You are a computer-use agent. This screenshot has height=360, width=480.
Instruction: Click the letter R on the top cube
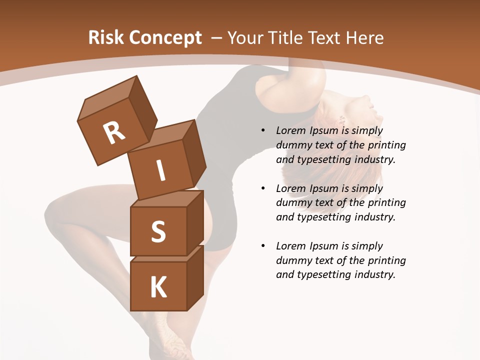(114, 133)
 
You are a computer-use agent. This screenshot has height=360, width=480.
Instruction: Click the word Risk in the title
(106, 38)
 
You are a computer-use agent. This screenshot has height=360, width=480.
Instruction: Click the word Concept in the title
(164, 38)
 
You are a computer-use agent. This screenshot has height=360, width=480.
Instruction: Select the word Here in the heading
(365, 38)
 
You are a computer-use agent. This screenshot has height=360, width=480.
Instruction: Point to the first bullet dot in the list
(263, 131)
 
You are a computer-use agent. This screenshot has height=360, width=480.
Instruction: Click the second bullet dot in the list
(263, 188)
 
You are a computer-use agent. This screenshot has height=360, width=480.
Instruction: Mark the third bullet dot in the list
(263, 246)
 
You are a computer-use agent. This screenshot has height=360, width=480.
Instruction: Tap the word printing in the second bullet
(386, 203)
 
